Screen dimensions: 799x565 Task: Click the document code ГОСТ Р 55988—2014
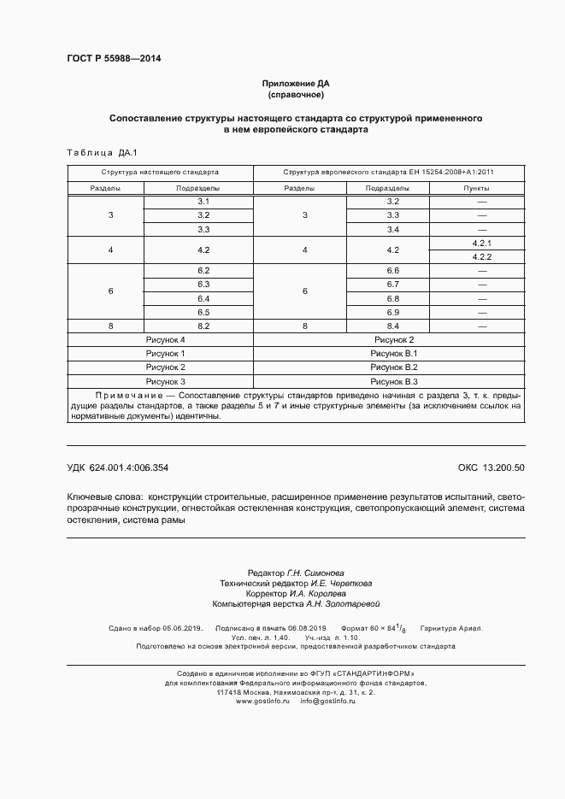pyautogui.click(x=114, y=59)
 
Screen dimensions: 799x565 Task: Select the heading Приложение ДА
pyautogui.click(x=295, y=84)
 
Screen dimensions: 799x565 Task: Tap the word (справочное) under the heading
pyautogui.click(x=295, y=96)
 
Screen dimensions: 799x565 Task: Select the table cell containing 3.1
pyautogui.click(x=203, y=201)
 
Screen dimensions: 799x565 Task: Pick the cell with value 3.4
pyautogui.click(x=393, y=229)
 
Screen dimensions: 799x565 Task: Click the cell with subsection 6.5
pyautogui.click(x=203, y=312)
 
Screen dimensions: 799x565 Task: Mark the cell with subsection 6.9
pyautogui.click(x=393, y=312)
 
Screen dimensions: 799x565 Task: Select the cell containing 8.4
pyautogui.click(x=393, y=326)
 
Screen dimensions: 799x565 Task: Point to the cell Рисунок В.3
pyautogui.click(x=393, y=381)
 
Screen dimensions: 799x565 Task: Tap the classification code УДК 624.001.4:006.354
pyautogui.click(x=117, y=467)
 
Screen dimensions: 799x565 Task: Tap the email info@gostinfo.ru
pyautogui.click(x=327, y=701)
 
